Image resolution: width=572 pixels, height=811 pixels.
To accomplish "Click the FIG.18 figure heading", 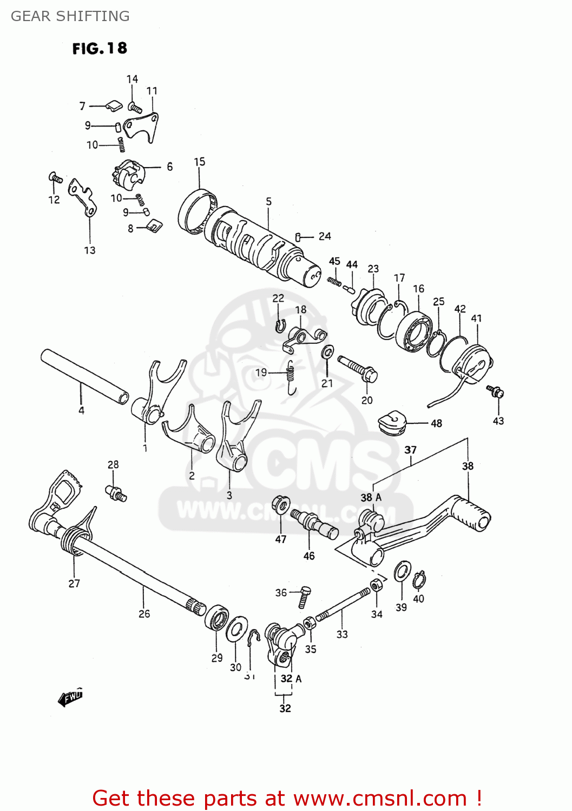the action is click(100, 49).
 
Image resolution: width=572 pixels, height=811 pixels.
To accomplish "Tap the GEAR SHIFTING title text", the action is click(70, 16).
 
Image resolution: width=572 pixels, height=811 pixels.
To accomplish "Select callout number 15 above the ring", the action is click(200, 162).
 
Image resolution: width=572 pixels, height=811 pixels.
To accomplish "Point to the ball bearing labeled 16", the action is click(414, 331).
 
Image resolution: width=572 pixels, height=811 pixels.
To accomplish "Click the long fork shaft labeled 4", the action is click(84, 376).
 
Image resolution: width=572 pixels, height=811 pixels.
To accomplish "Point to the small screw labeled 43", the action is click(496, 391).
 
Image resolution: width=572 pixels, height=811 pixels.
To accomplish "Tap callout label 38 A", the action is click(371, 497).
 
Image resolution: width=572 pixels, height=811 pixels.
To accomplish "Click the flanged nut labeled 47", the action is click(280, 504).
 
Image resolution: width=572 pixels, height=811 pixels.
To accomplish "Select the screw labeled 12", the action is click(55, 177).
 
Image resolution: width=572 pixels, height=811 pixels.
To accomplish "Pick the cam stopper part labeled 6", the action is click(128, 174).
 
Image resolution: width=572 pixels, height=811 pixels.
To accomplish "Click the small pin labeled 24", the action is click(298, 237).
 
